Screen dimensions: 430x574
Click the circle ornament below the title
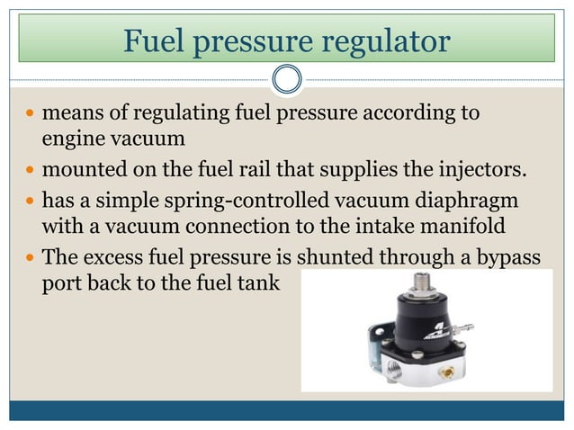coord(287,79)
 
